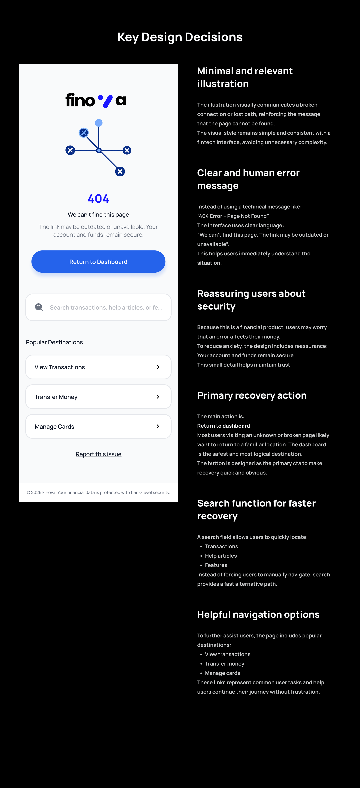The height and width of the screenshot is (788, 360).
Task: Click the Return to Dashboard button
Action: pos(98,262)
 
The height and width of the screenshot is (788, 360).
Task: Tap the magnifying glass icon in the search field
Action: pos(39,307)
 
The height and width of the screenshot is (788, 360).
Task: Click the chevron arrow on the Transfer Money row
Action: pos(158,397)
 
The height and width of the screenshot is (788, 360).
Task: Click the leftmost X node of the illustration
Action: pos(70,150)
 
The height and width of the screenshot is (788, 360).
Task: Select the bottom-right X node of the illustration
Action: pos(120,172)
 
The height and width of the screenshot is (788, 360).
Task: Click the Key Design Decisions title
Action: pos(180,37)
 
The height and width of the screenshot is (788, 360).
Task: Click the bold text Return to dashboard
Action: pos(223,426)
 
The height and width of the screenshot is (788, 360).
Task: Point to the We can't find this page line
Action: pos(98,215)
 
